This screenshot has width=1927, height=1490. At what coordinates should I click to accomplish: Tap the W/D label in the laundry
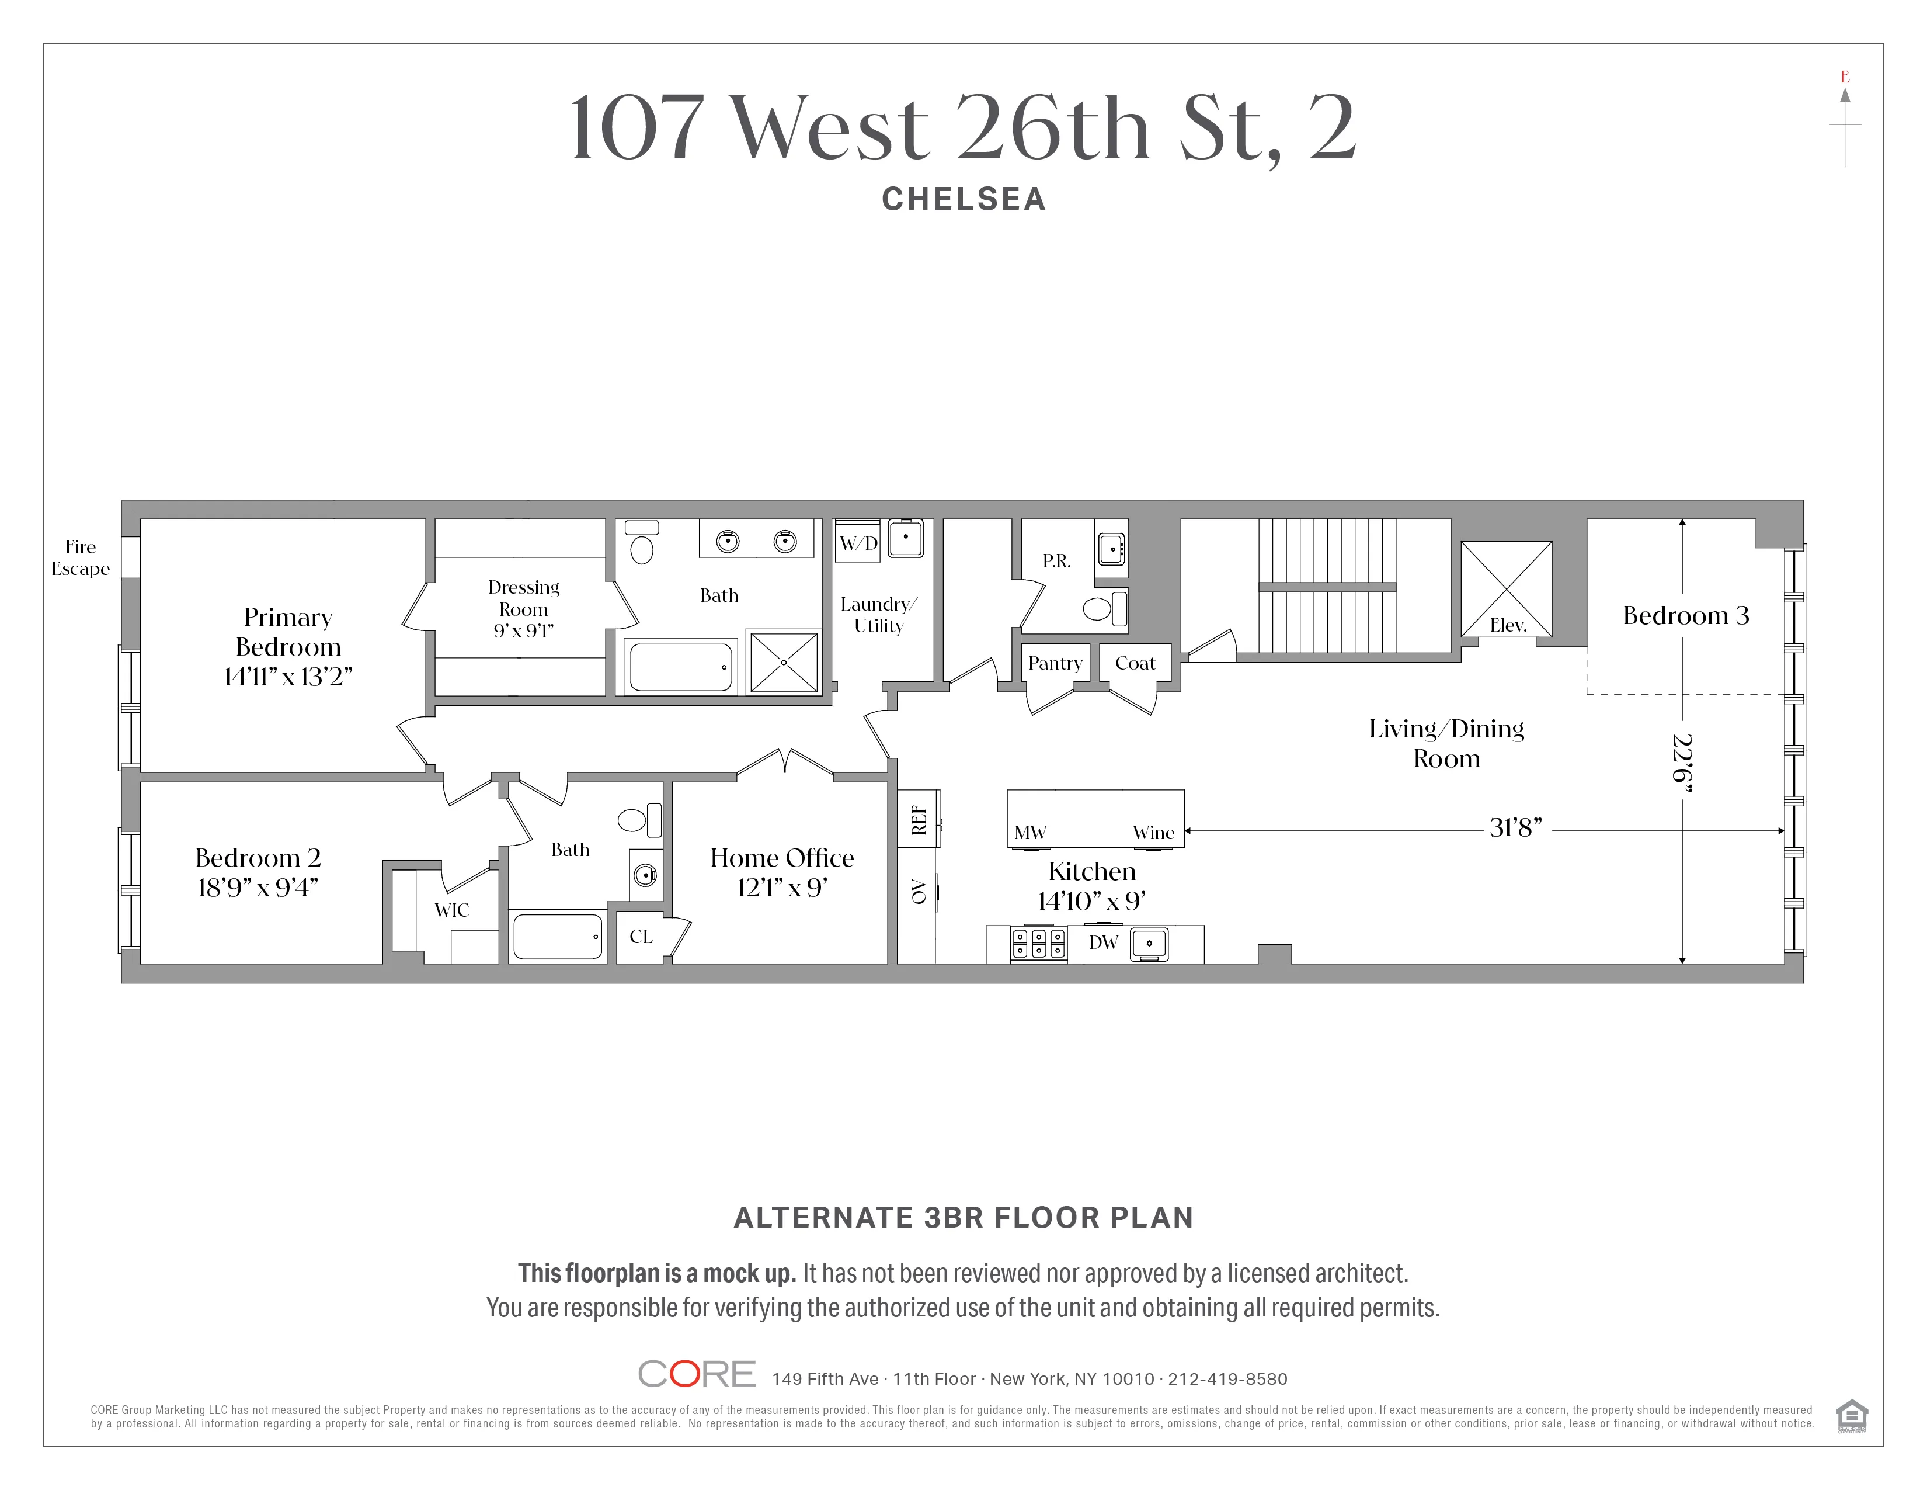tap(858, 543)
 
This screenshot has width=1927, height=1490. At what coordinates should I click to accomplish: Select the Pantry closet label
tap(1055, 663)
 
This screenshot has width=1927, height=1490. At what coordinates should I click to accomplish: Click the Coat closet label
tap(1135, 663)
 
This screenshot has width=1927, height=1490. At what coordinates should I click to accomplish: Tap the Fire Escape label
tap(81, 558)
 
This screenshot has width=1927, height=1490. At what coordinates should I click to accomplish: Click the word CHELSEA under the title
tap(964, 199)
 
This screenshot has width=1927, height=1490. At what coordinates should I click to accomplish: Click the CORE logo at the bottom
tap(696, 1374)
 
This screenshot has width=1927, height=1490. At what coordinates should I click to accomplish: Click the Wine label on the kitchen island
tap(1153, 833)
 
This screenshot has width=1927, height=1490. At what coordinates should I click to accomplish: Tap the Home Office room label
tap(782, 858)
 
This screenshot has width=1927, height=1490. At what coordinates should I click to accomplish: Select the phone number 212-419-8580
tap(1227, 1379)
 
